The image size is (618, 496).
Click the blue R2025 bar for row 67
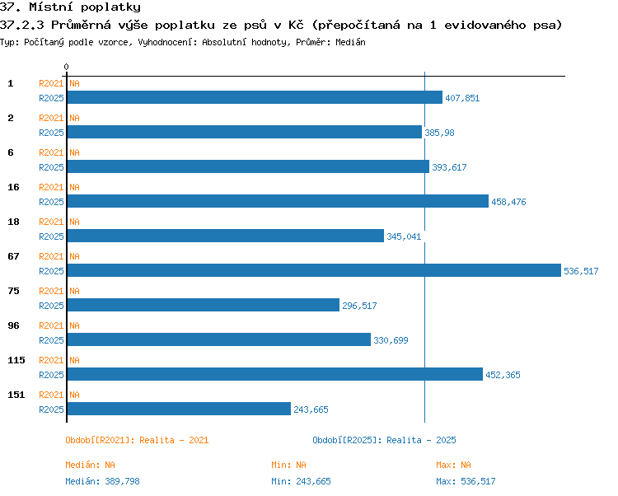pos(314,270)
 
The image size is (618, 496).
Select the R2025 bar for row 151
pos(179,409)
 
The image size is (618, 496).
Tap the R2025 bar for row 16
pos(278,201)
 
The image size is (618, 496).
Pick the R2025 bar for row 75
pos(204,305)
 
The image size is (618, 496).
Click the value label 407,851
pos(462,98)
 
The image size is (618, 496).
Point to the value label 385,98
pos(439,133)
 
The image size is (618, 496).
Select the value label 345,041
pos(404,236)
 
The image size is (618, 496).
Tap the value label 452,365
pos(503,375)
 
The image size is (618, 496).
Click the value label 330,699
pos(391,340)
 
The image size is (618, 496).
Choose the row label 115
pos(16,360)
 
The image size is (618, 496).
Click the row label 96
pos(13,325)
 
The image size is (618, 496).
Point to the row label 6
pos(11,152)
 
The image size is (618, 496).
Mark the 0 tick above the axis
pos(66,67)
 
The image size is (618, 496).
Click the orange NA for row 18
pos(74,222)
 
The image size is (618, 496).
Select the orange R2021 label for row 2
pos(51,118)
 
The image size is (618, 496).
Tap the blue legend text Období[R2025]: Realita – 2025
pos(384,440)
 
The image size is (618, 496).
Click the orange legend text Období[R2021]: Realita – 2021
pos(137,440)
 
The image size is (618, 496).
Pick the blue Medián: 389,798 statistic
pos(102,481)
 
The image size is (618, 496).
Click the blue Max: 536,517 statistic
pos(466,481)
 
